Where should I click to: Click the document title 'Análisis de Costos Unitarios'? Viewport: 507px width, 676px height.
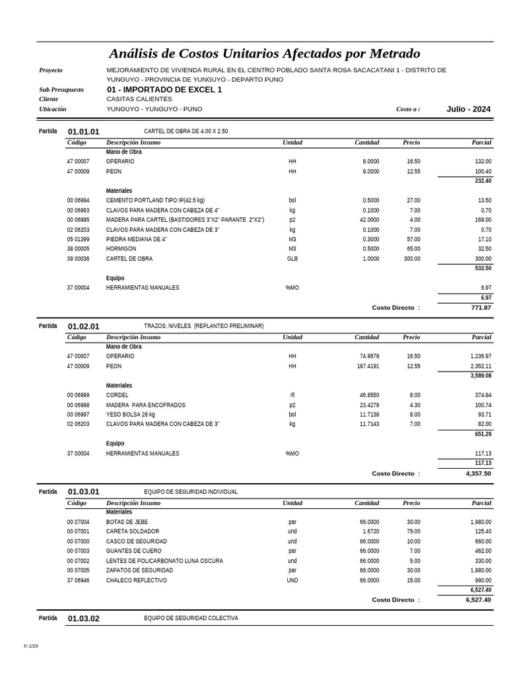coord(264,53)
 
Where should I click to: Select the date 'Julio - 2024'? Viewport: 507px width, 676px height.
coord(468,109)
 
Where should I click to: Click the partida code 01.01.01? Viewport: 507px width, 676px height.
coord(84,132)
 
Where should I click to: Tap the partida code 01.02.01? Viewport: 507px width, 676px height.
coord(84,326)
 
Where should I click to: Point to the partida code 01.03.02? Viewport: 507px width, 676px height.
coord(84,619)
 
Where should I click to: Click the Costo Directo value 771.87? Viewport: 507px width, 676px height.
coord(481,308)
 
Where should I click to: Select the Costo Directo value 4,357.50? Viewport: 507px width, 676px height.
coord(478,473)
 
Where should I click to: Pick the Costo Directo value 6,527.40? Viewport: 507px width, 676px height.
coord(478,600)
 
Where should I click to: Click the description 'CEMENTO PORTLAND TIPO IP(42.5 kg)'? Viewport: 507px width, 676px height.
coord(155,200)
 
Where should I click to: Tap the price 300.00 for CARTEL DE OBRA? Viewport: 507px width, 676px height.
coord(412,259)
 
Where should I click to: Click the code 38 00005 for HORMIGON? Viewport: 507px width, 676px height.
coord(78,249)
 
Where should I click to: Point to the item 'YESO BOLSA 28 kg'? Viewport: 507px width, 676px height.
coord(130,415)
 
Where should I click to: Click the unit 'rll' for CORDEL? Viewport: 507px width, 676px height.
coord(292,395)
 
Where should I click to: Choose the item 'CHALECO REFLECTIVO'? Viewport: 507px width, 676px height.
coord(136,580)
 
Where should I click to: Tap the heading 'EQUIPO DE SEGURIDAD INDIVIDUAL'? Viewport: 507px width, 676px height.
coord(191,492)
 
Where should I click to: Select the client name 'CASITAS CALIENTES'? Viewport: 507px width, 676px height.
coord(139,99)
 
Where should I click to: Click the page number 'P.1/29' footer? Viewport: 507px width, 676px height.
coord(31,646)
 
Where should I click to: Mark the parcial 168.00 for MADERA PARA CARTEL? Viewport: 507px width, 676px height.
coord(483,220)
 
